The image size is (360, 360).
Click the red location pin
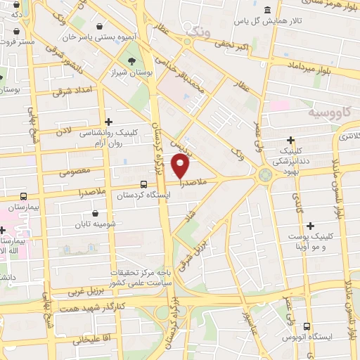181,166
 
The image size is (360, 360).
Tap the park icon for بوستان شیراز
127,60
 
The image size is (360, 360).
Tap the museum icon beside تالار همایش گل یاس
267,9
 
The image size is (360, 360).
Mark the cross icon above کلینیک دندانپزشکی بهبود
291,141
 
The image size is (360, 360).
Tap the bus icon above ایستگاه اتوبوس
307,326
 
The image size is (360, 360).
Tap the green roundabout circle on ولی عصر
266,176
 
